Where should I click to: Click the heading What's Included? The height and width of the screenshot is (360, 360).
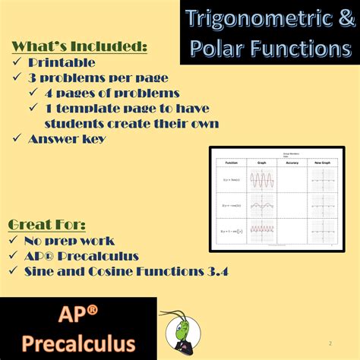79,47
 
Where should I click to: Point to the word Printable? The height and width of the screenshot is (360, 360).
62,63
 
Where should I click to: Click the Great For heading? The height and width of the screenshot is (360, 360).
46,224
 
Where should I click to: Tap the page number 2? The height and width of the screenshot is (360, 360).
330,343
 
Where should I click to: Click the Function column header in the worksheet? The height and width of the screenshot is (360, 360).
232,162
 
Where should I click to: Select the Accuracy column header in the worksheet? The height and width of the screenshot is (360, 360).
292,162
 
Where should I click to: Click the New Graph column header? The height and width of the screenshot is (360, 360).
323,162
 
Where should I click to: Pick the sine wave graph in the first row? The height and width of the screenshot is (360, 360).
262,179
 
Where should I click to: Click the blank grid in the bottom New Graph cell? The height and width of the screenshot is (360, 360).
323,230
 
